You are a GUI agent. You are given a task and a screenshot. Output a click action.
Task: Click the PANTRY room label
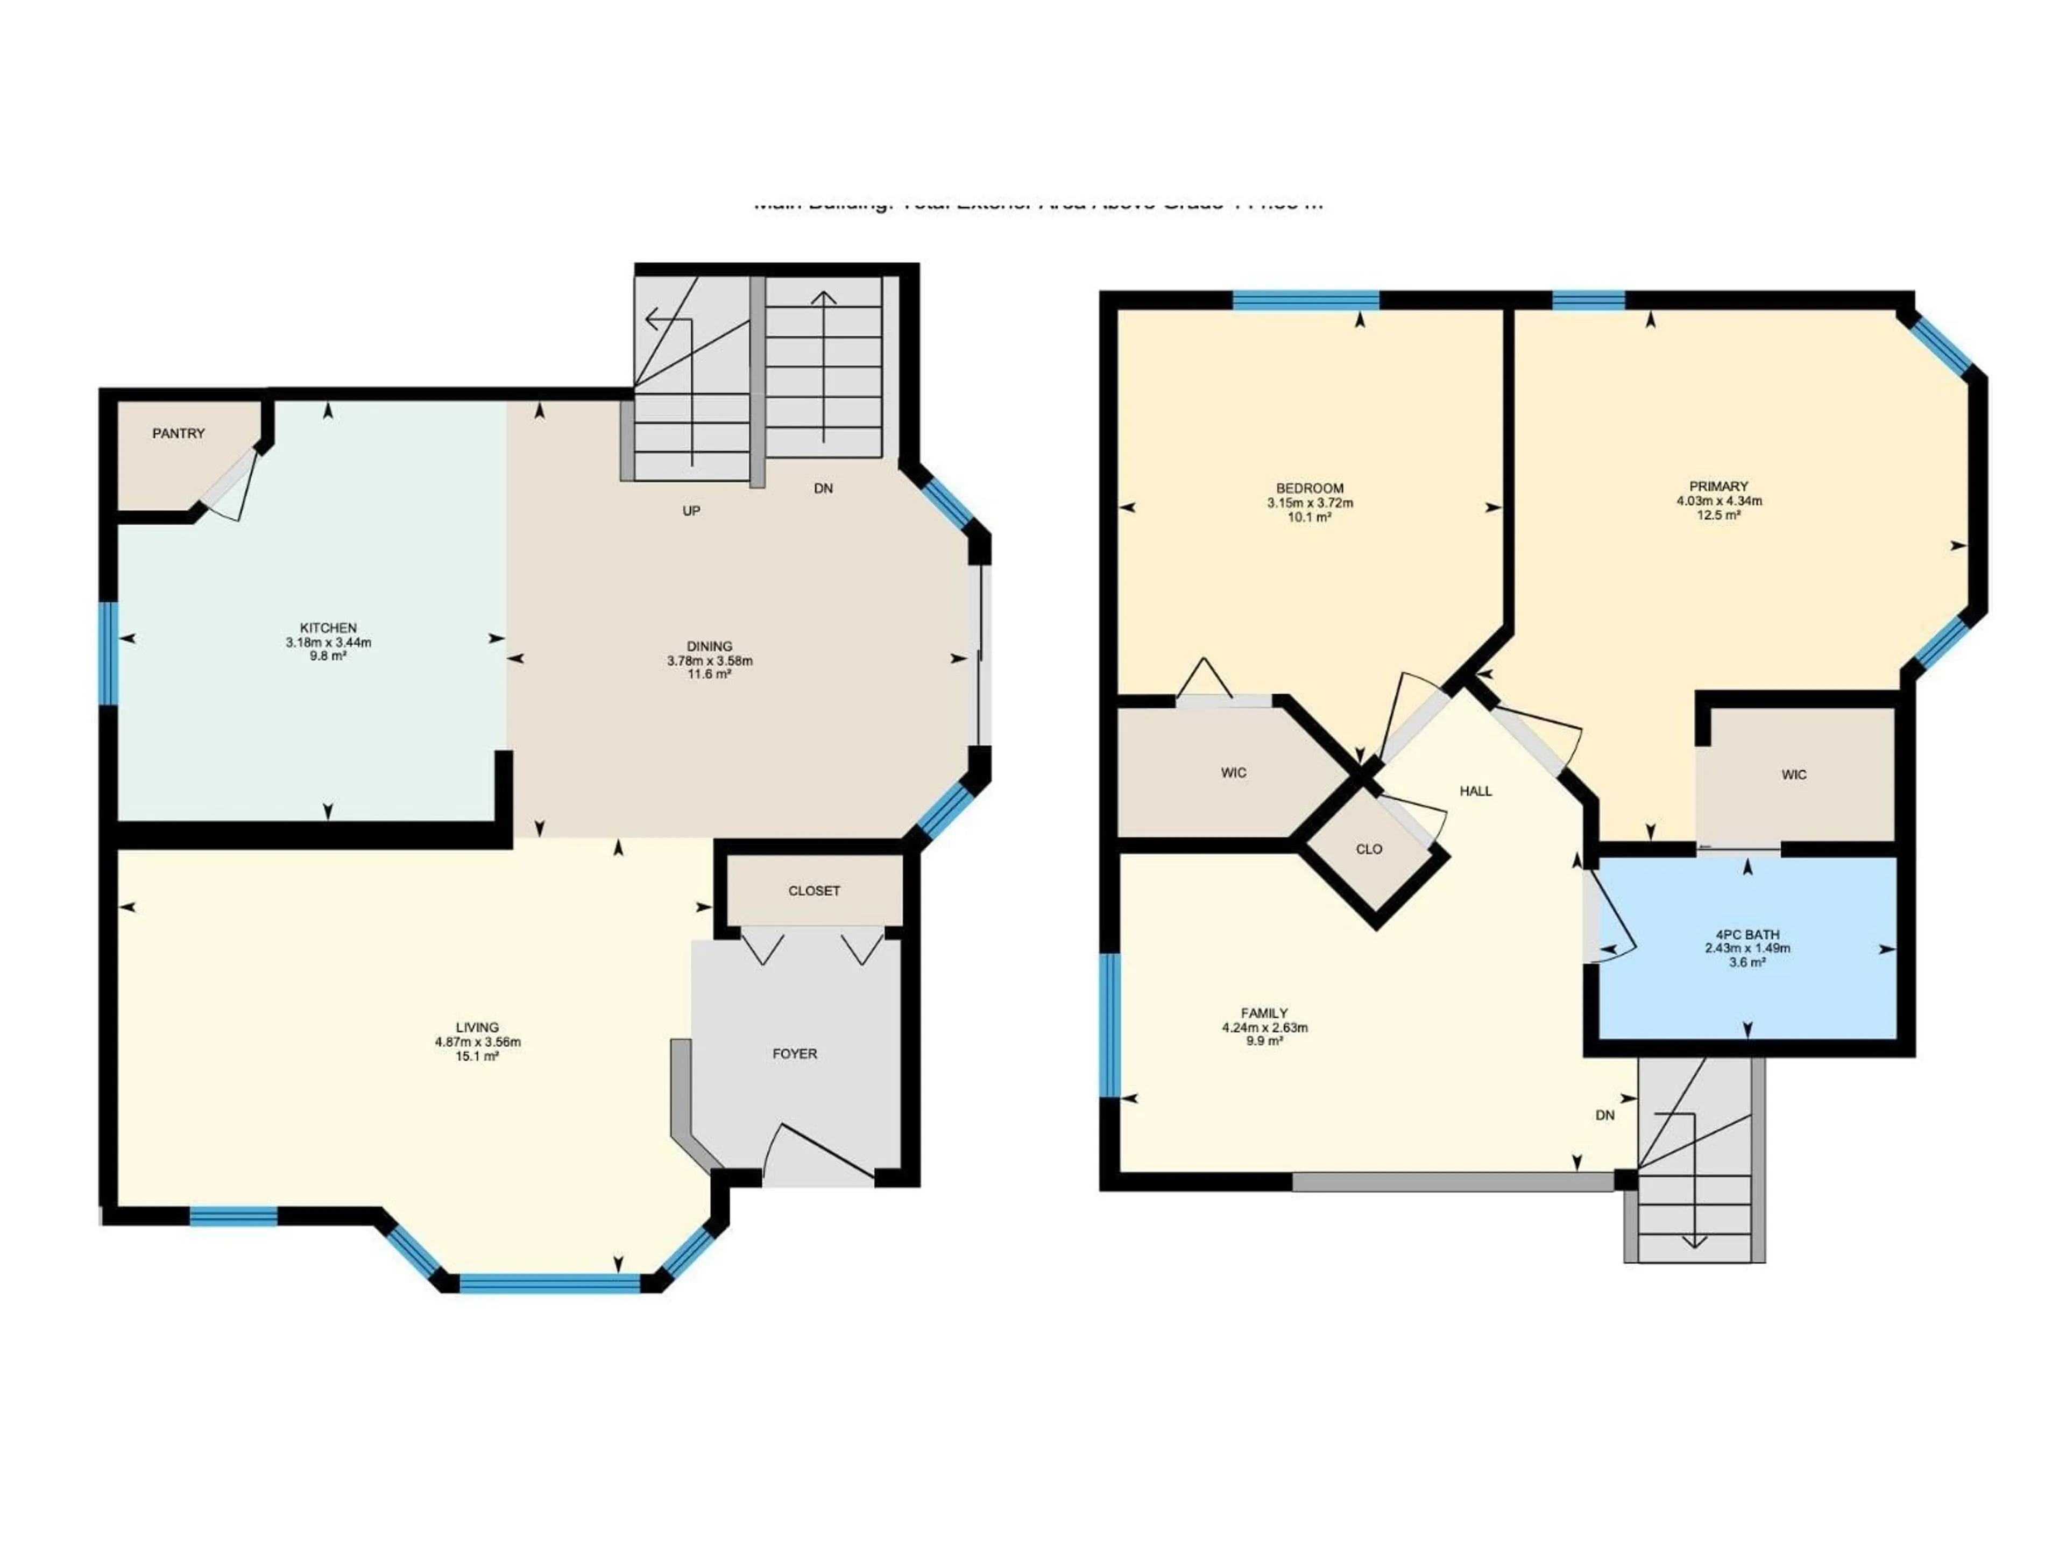pyautogui.click(x=179, y=433)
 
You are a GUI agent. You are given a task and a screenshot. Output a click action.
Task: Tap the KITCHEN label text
pyautogui.click(x=328, y=628)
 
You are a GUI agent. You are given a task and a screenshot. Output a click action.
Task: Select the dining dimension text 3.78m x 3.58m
pyautogui.click(x=709, y=660)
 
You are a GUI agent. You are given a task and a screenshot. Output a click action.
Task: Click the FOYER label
pyautogui.click(x=795, y=1054)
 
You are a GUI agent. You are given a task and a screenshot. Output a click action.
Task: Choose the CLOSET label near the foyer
pyautogui.click(x=813, y=890)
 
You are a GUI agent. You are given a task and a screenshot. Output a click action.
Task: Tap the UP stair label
pyautogui.click(x=691, y=511)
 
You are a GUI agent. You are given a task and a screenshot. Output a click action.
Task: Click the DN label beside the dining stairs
pyautogui.click(x=823, y=489)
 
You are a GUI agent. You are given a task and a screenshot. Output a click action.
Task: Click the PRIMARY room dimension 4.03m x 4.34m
pyautogui.click(x=1718, y=501)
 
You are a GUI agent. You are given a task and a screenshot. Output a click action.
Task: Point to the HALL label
pyautogui.click(x=1476, y=791)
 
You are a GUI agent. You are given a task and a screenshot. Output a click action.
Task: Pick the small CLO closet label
pyautogui.click(x=1369, y=849)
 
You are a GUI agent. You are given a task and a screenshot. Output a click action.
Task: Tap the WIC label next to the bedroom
pyautogui.click(x=1234, y=773)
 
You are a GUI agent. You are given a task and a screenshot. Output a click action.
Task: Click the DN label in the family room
pyautogui.click(x=1604, y=1116)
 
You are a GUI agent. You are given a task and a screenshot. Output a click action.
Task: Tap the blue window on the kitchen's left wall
pyautogui.click(x=109, y=653)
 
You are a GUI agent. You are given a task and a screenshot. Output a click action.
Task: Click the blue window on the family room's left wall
pyautogui.click(x=1109, y=1025)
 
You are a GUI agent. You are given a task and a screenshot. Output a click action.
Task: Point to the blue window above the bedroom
pyautogui.click(x=1306, y=300)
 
